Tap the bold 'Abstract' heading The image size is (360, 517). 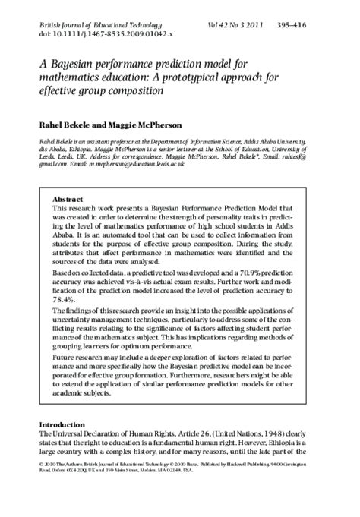pos(67,197)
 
